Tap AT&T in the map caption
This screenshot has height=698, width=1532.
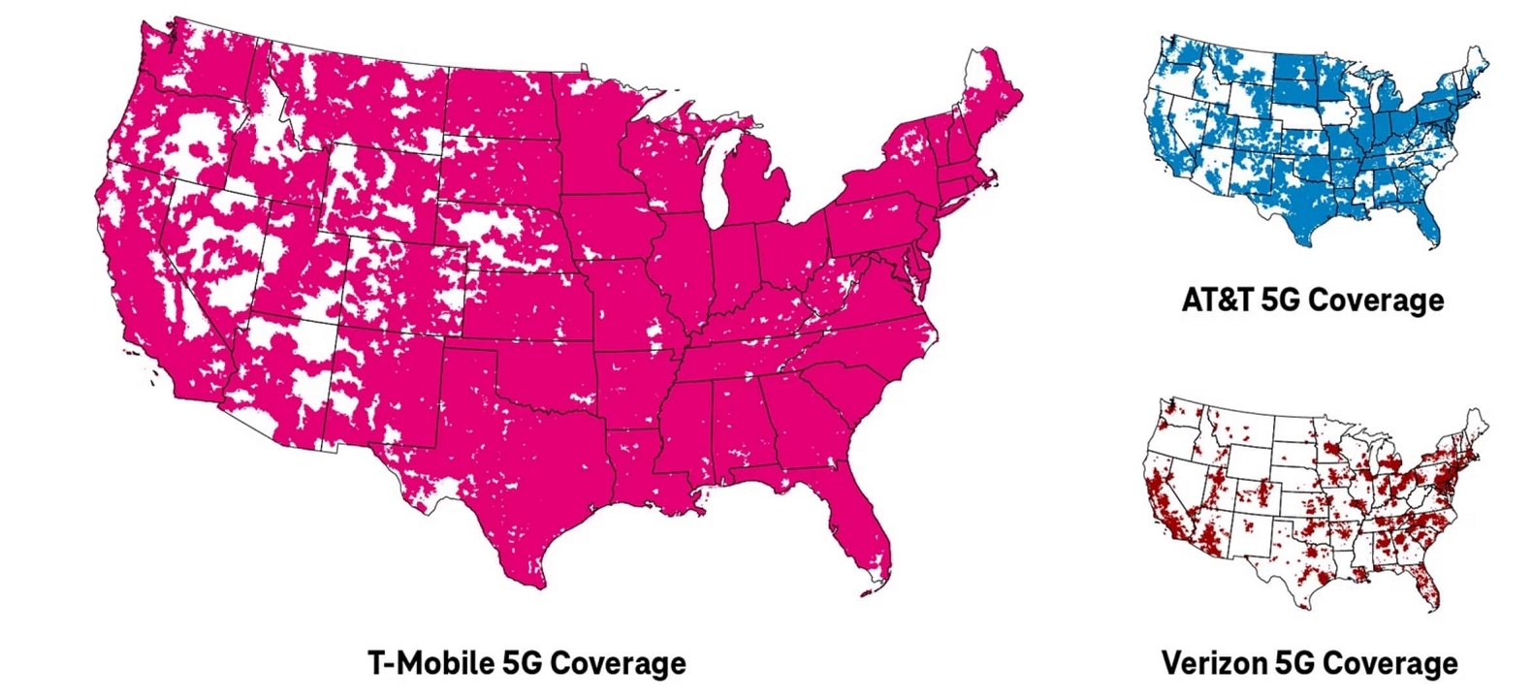1217,300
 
